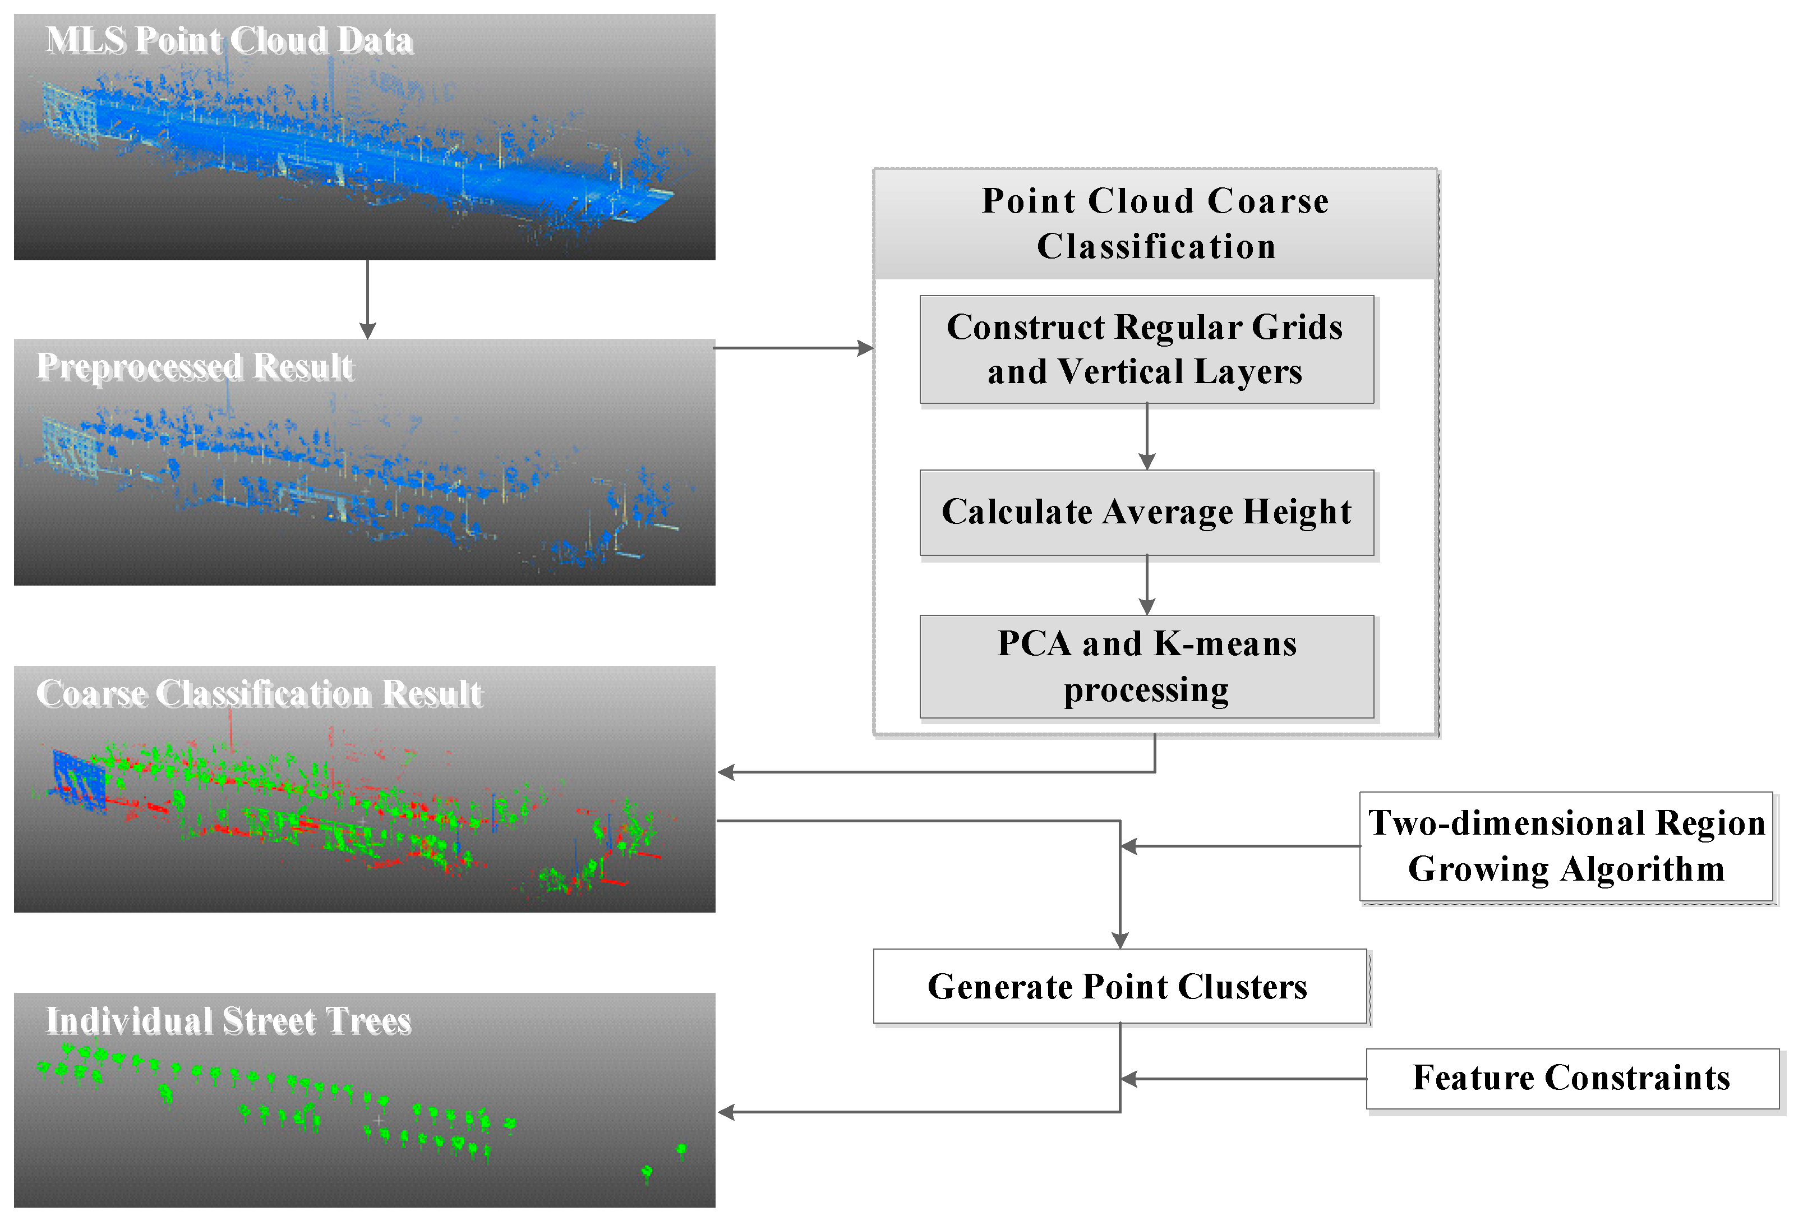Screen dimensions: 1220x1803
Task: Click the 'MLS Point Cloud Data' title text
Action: pos(229,40)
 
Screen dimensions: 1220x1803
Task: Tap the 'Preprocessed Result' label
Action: pos(195,366)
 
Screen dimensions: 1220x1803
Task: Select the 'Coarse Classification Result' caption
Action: pos(259,694)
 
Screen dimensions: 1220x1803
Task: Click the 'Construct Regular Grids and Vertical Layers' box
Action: pos(1146,349)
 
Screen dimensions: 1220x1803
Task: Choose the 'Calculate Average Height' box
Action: pos(1146,512)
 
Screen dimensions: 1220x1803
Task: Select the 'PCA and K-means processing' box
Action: pos(1146,666)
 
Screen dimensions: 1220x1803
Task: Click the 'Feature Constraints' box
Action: pos(1571,1078)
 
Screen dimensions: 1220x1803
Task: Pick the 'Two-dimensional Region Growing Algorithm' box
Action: pos(1566,846)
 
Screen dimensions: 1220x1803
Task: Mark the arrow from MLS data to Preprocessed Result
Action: pos(368,299)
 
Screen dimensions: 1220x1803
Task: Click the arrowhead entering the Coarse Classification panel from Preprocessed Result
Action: pos(865,348)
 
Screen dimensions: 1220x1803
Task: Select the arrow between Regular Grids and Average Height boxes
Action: pos(1147,436)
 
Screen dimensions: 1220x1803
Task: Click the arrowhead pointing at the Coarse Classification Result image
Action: pos(726,772)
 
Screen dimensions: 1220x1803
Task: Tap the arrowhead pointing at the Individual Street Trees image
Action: pos(726,1112)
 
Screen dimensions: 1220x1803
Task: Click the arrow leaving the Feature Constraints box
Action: pos(1241,1079)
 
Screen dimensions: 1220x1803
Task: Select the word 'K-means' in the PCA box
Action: pos(1224,643)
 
